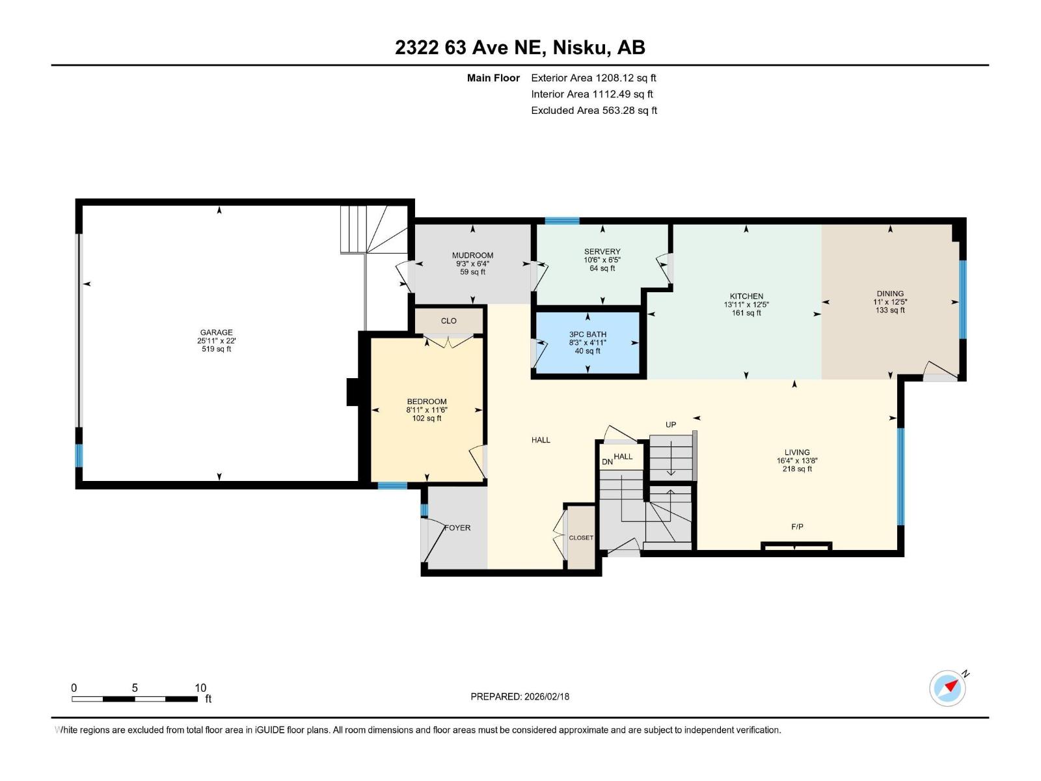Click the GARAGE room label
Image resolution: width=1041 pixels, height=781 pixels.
[216, 333]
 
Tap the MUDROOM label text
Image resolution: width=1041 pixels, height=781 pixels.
[472, 256]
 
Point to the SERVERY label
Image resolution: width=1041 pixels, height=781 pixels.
[602, 252]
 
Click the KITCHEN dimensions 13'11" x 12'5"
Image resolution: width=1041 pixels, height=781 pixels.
[746, 305]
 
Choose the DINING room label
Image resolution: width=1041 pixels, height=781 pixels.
[889, 294]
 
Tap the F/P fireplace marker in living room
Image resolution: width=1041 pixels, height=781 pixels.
[797, 527]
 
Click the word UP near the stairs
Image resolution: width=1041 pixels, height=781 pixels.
[671, 425]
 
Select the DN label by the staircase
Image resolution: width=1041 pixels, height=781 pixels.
[607, 462]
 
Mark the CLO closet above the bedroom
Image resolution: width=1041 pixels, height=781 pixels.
[448, 321]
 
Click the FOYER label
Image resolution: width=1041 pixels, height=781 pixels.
[457, 528]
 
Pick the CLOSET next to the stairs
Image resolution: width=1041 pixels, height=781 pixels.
[581, 538]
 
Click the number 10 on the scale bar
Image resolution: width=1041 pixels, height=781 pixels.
[200, 688]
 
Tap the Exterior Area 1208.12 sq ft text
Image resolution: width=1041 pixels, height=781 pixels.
[593, 78]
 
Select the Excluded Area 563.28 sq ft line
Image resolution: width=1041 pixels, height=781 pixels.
[593, 111]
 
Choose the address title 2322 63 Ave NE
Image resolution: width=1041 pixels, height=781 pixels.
[520, 48]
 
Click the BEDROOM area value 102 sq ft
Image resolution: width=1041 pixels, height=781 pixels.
[427, 418]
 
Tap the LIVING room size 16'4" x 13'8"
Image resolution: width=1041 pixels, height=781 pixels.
[796, 460]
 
